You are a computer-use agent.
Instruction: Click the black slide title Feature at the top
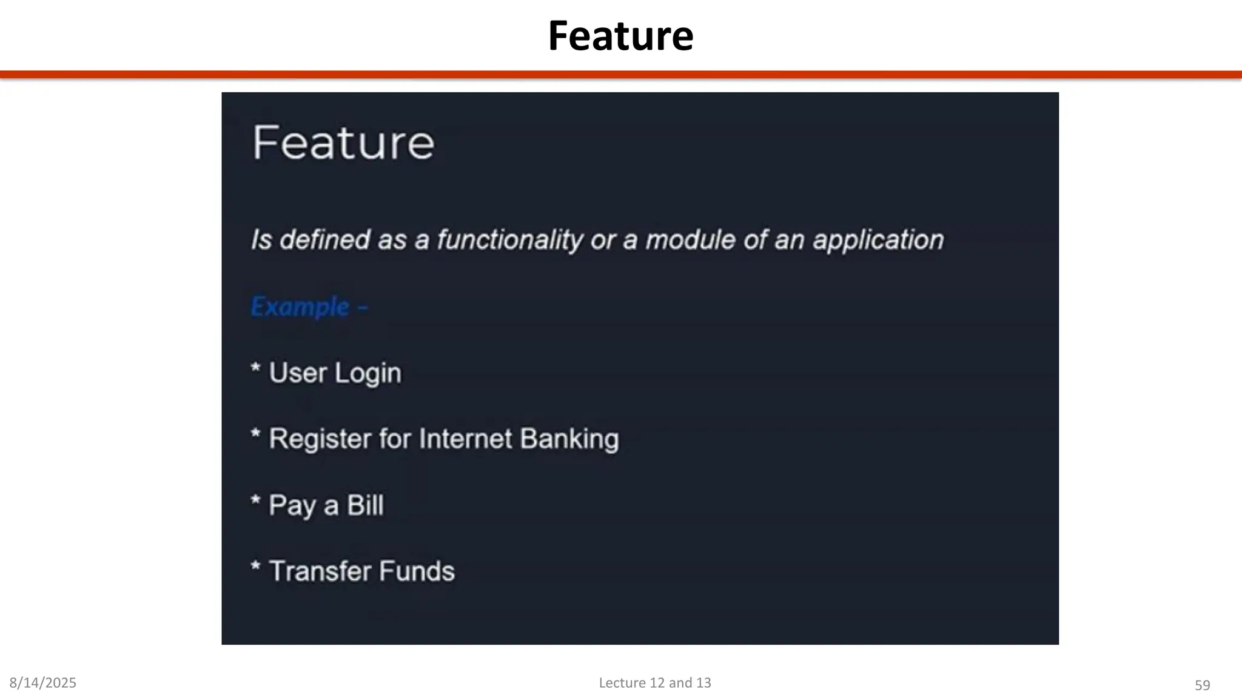point(620,36)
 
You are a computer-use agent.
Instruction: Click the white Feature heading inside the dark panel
point(343,143)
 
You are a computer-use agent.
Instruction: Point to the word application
point(878,241)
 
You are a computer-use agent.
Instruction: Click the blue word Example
point(300,307)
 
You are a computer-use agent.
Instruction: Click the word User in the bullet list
point(297,373)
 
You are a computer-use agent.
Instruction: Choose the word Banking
point(569,439)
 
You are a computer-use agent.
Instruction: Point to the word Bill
point(364,505)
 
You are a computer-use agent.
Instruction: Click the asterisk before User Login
point(256,368)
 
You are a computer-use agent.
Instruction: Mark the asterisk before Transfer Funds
point(256,567)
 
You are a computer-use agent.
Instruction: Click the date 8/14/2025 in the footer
point(43,683)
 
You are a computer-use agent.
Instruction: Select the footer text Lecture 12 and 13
point(655,683)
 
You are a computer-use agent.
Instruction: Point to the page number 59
point(1202,685)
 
